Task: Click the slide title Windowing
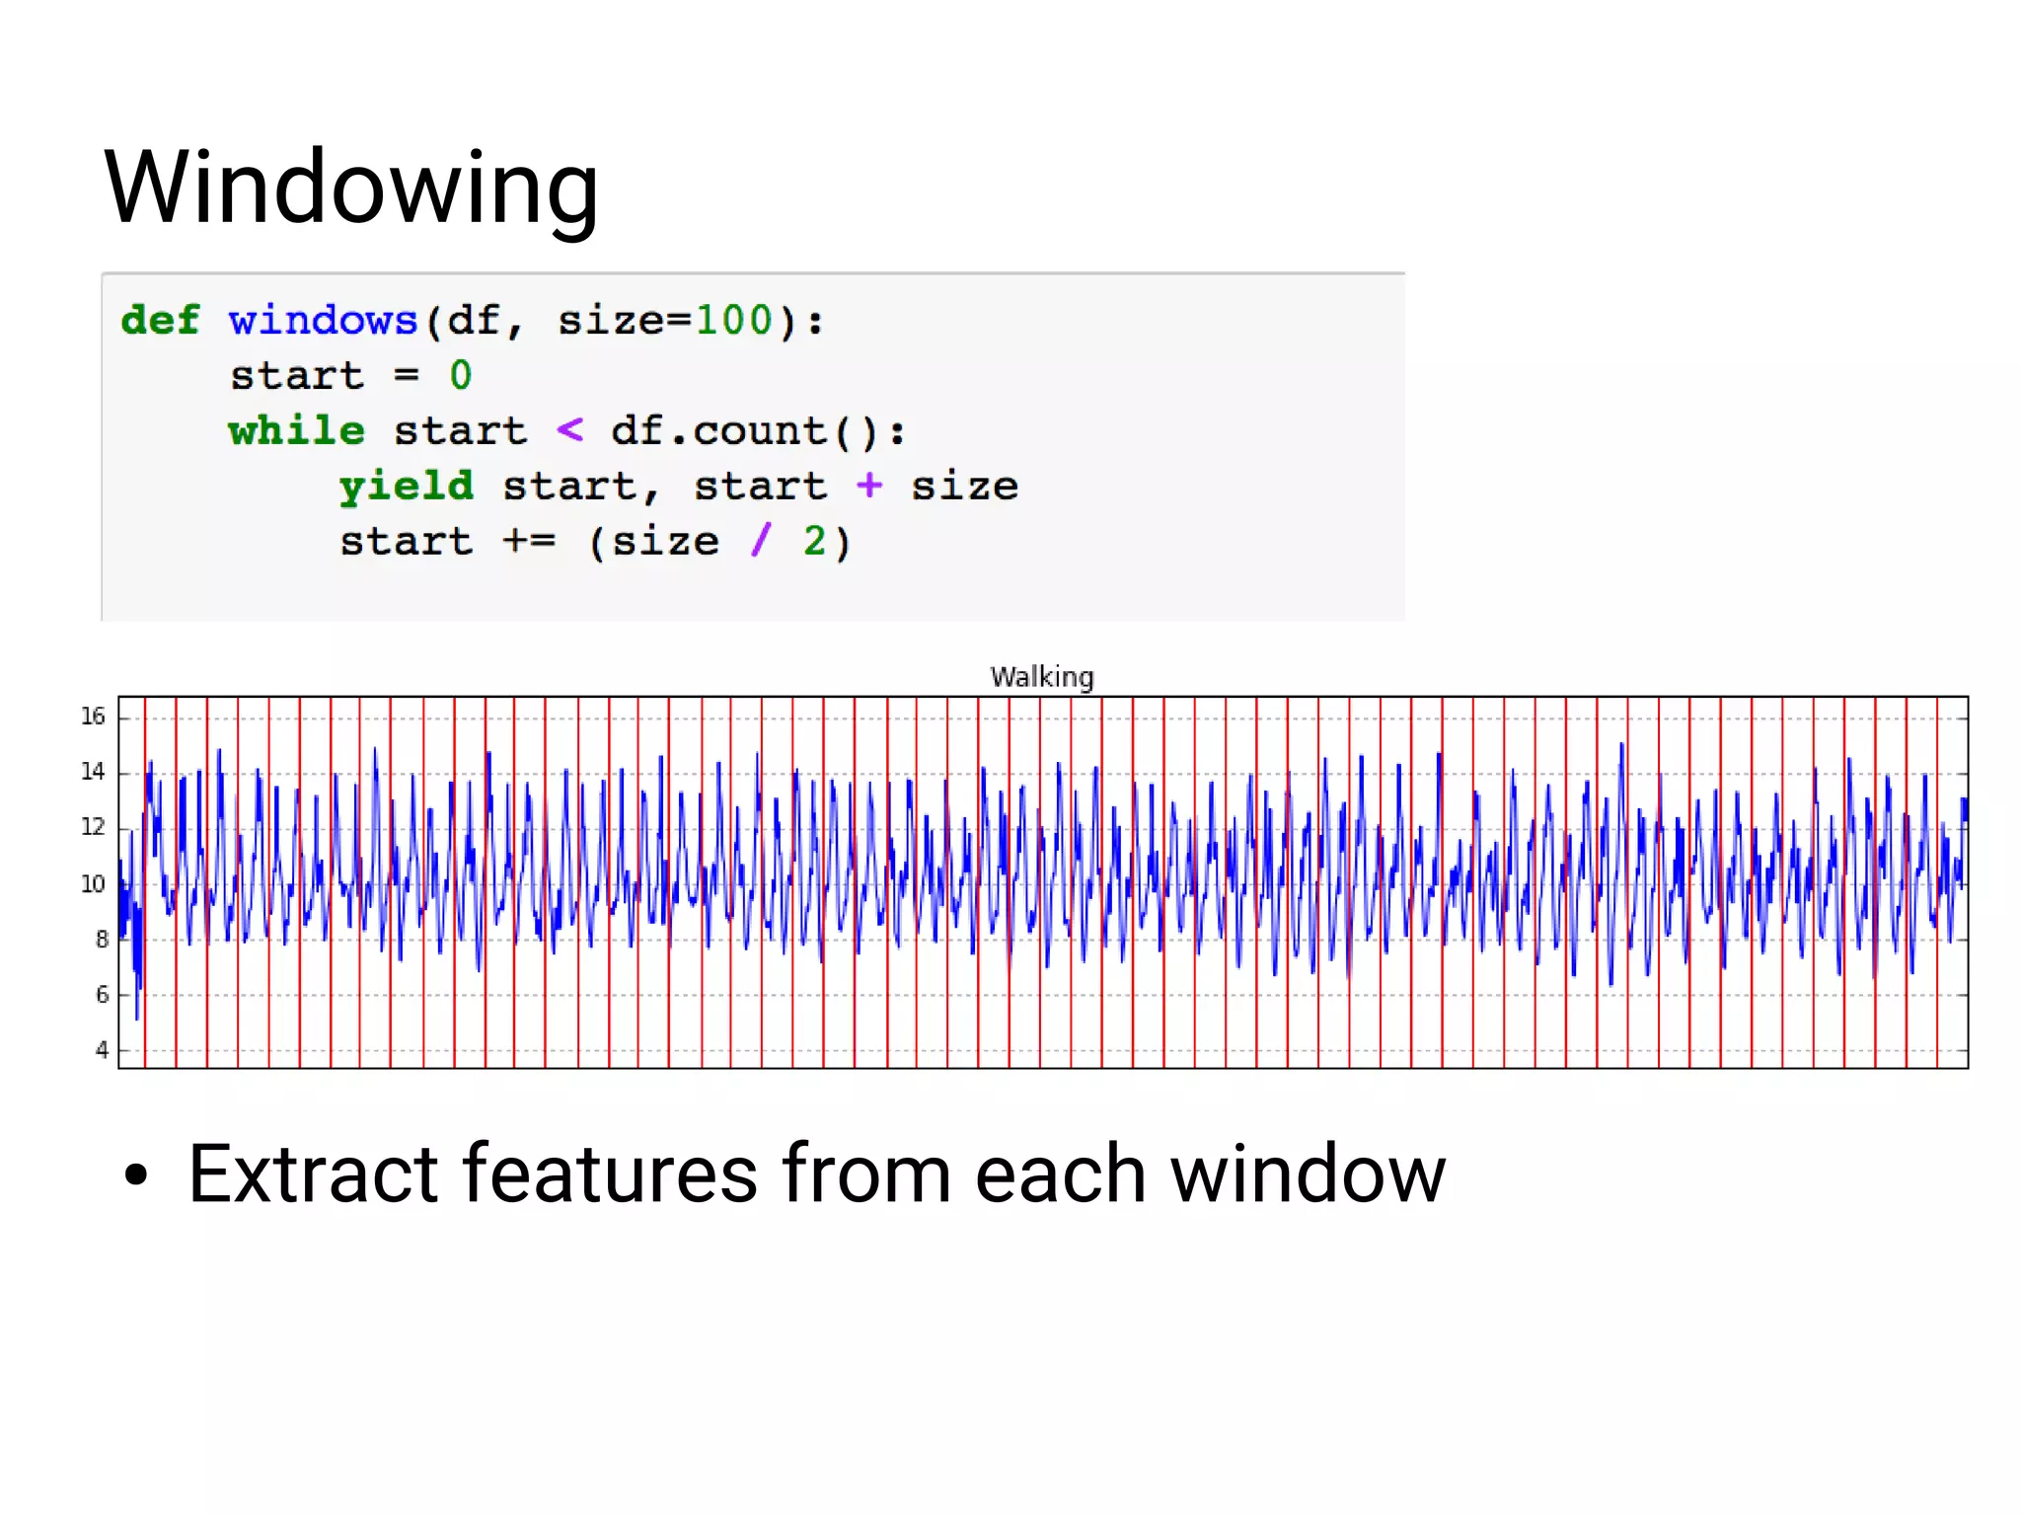[x=351, y=188]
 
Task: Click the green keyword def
[x=160, y=321]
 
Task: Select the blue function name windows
[x=323, y=321]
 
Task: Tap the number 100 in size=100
[x=734, y=321]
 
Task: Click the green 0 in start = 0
[x=460, y=376]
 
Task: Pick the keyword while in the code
[x=296, y=431]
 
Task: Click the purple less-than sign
[x=569, y=430]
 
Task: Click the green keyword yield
[x=406, y=487]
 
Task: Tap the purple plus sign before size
[x=868, y=486]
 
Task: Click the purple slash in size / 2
[x=760, y=541]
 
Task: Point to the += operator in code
[x=529, y=541]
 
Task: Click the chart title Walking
[x=1042, y=677]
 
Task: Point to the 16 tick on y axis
[x=93, y=717]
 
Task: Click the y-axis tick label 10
[x=93, y=884]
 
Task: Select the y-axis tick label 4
[x=102, y=1050]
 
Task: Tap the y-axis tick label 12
[x=93, y=827]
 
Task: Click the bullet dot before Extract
[x=136, y=1175]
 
